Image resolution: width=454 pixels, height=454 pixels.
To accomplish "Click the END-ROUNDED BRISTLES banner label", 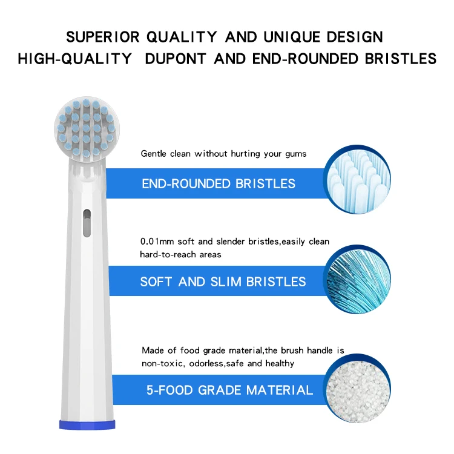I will [x=219, y=183].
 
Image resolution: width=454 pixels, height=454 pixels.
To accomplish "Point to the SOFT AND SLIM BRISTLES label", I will [x=223, y=282].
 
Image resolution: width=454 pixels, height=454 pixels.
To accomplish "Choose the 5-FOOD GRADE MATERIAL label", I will [x=229, y=390].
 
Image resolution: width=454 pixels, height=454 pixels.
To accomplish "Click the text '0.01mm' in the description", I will [x=154, y=242].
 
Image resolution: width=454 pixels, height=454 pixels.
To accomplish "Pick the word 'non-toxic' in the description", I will [x=159, y=363].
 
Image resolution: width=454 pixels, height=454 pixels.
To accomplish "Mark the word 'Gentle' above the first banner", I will [x=153, y=154].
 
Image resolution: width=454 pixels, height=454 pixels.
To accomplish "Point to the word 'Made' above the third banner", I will [x=152, y=350].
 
